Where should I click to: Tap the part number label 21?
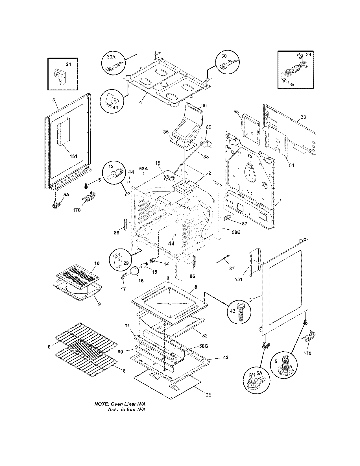[69, 64]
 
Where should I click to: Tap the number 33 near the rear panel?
[303, 117]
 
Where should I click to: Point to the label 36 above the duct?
[204, 106]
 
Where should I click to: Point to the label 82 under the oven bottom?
[205, 336]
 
